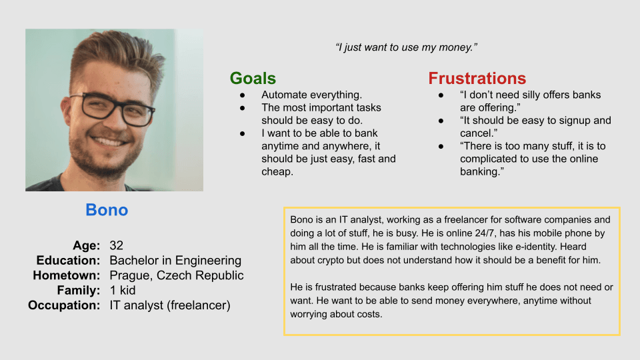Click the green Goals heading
coord(253,78)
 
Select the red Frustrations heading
coord(477,78)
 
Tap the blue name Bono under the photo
coord(107,210)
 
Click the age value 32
coord(116,245)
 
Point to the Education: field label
coord(68,261)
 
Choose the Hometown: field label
coord(67,275)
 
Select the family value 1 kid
coord(123,290)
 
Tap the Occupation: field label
coord(64,305)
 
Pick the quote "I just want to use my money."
coord(406,47)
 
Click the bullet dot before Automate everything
coord(243,95)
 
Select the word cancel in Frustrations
coord(476,133)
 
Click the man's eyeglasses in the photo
coord(111,108)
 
